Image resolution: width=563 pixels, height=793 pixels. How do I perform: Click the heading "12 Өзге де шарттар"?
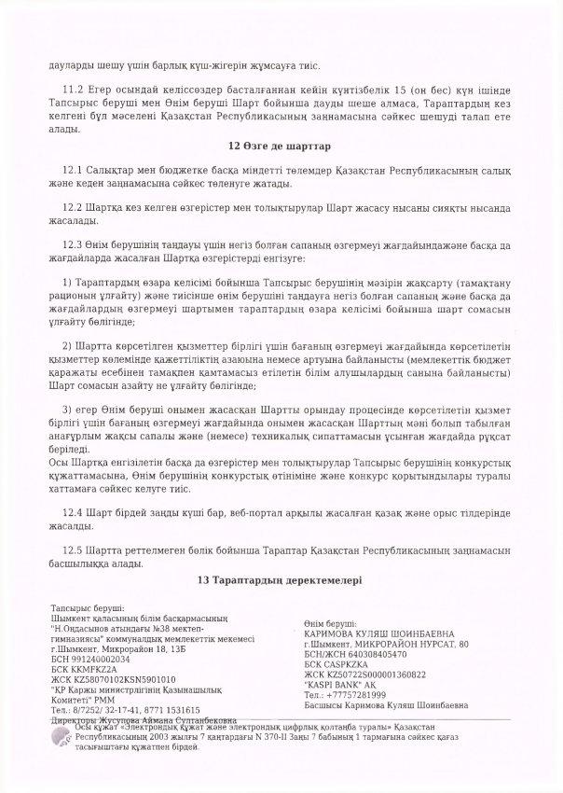(x=281, y=146)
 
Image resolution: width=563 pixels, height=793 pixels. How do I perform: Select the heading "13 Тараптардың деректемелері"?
(x=281, y=579)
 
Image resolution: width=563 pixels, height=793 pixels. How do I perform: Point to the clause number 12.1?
(x=71, y=174)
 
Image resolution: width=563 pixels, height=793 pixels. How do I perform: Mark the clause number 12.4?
(x=71, y=514)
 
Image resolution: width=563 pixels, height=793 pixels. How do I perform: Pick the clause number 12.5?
(x=71, y=547)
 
